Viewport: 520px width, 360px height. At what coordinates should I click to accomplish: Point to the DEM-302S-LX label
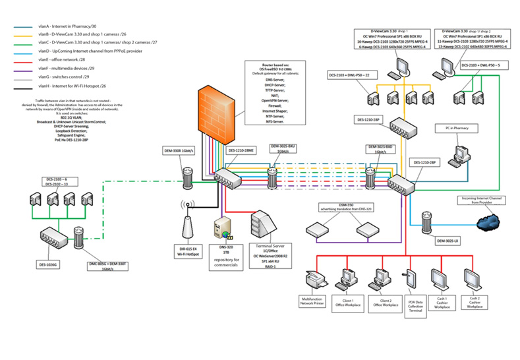[x=448, y=241]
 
